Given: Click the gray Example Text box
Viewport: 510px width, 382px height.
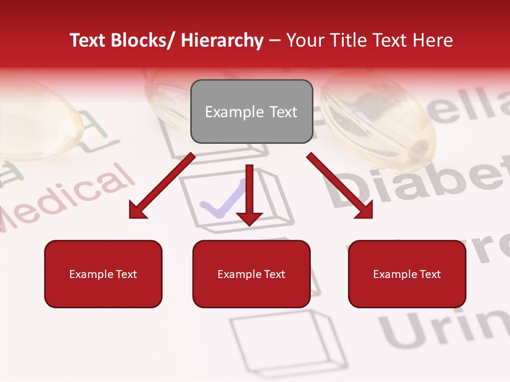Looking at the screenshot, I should click(251, 111).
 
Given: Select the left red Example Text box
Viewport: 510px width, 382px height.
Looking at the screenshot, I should click(103, 274).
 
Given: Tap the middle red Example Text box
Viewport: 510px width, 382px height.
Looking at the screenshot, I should click(251, 274).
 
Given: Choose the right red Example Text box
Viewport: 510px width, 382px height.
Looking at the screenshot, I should click(407, 274).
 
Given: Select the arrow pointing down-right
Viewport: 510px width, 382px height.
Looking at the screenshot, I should click(340, 186).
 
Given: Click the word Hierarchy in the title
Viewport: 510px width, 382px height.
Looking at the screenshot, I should click(222, 40).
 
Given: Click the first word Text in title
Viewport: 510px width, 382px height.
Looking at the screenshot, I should click(89, 40).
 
